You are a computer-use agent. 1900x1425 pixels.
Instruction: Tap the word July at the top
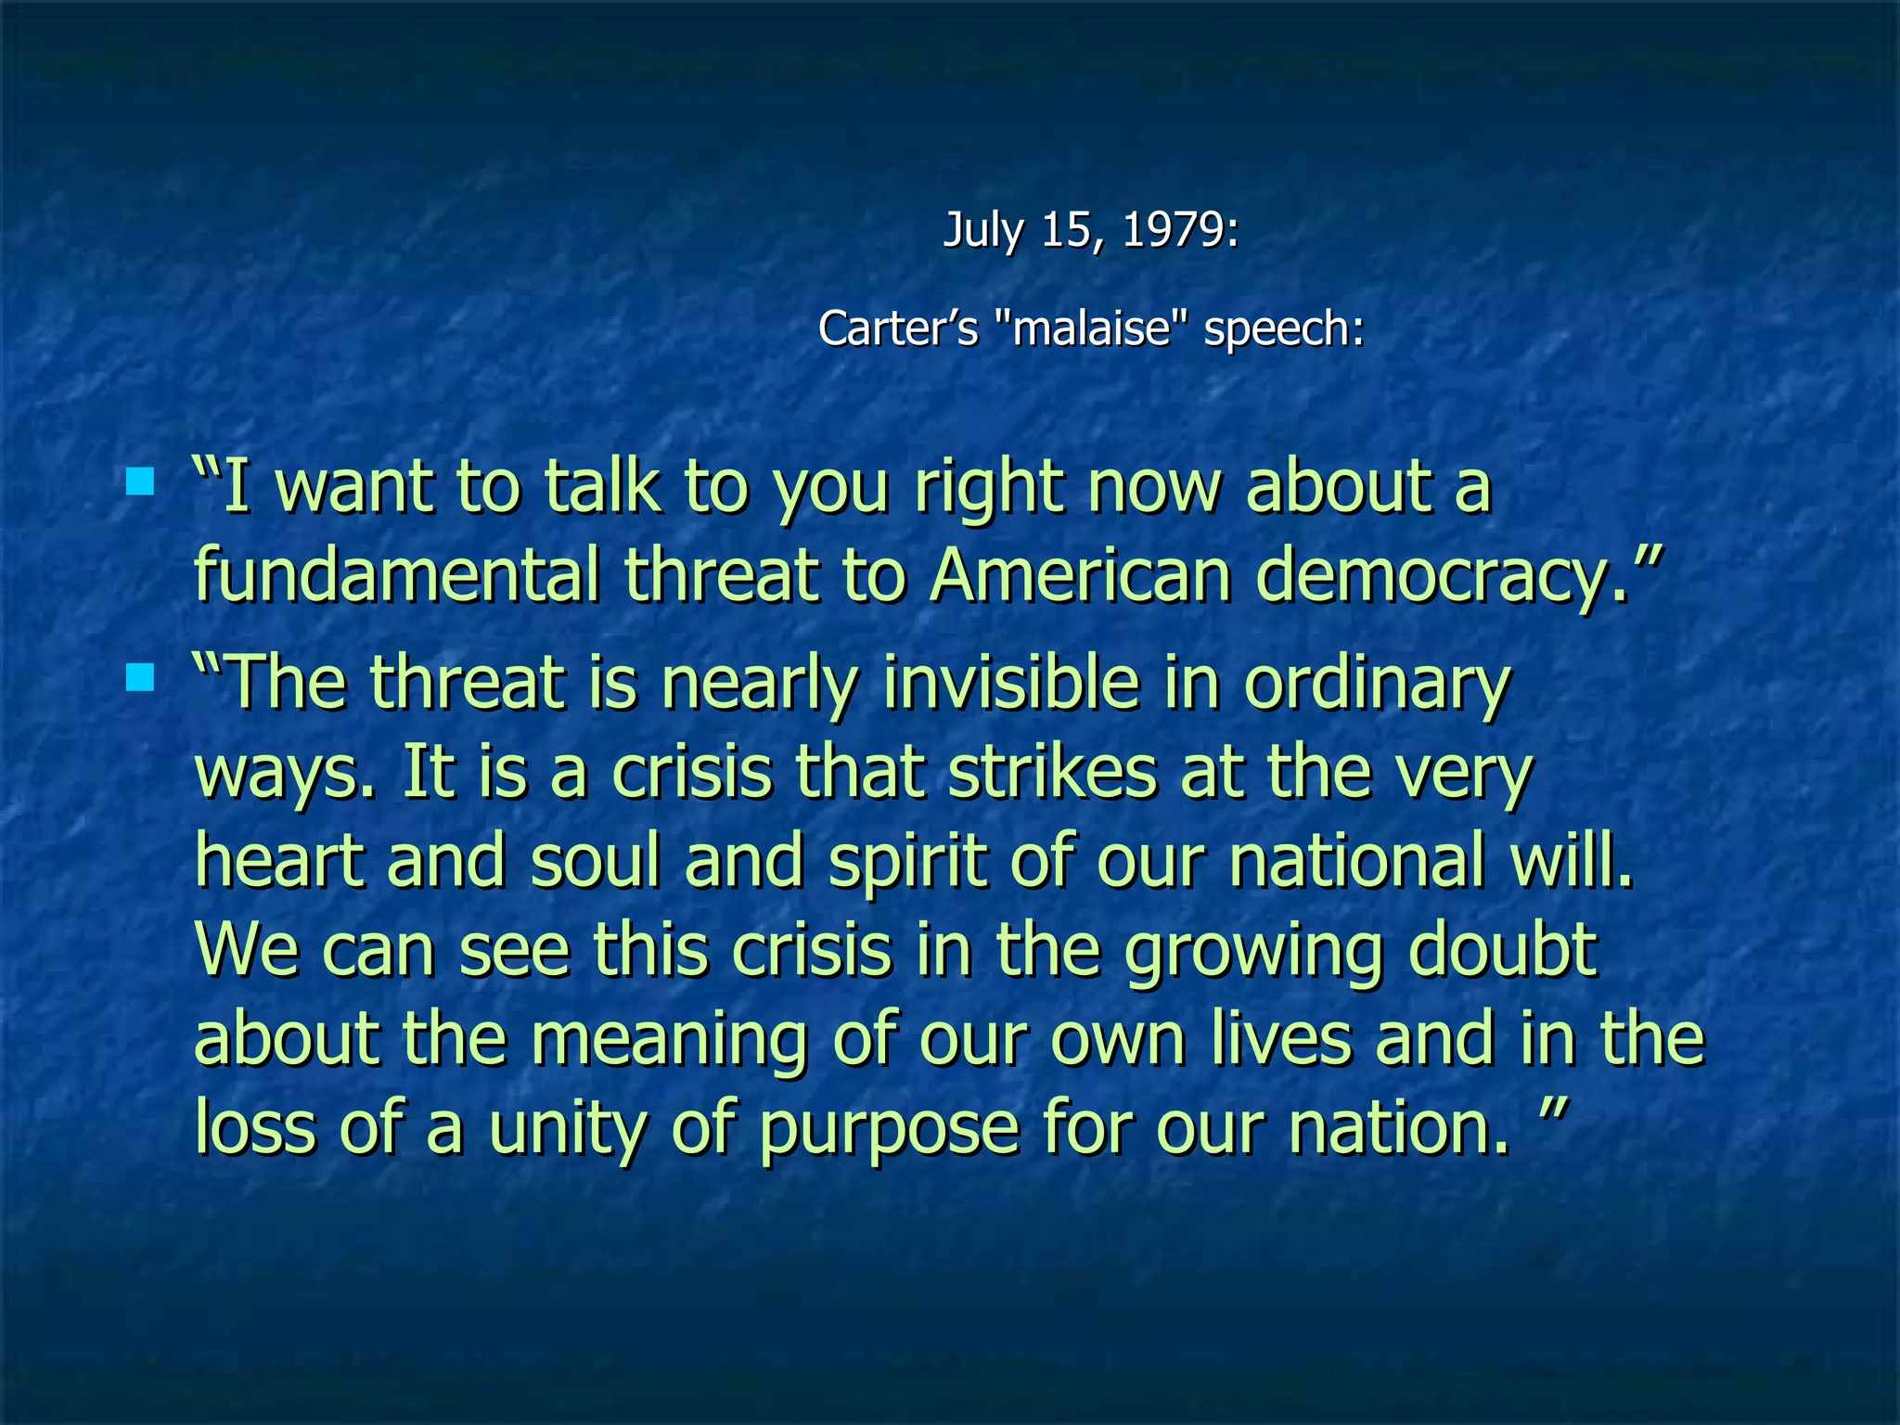[982, 230]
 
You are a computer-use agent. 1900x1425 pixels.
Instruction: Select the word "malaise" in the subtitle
[1091, 328]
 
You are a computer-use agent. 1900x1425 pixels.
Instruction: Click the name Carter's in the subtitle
[898, 328]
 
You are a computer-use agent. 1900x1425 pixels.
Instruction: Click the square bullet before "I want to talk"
[140, 481]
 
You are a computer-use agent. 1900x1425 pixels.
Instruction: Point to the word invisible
[1010, 683]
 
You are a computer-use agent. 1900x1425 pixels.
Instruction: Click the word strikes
[1052, 772]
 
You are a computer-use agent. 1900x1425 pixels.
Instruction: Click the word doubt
[1503, 950]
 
